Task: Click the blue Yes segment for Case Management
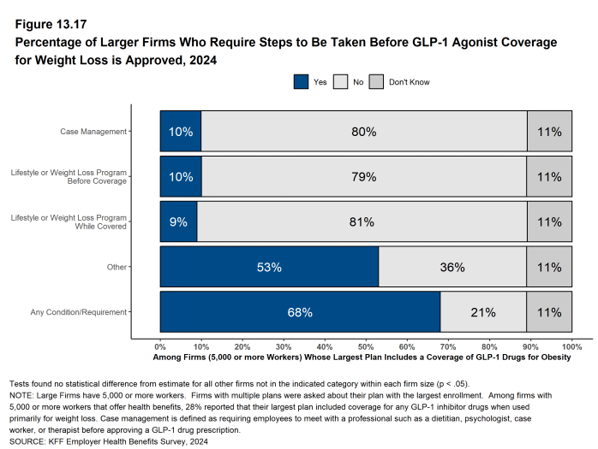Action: point(181,132)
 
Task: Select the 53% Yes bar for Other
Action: point(269,267)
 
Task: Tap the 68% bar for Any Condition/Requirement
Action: point(300,312)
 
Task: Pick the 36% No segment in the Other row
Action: point(452,267)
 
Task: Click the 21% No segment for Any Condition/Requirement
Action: point(483,312)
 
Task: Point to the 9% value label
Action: point(178,222)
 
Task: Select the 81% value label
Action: point(362,222)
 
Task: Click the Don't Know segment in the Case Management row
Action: point(549,132)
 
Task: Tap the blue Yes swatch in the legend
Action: point(302,82)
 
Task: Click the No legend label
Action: point(358,82)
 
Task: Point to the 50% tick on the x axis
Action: point(366,347)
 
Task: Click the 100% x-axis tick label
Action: point(571,347)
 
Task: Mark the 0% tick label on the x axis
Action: point(160,347)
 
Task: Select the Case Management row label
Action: point(93,132)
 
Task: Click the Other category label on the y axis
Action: point(116,267)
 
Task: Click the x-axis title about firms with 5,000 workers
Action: point(362,357)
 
